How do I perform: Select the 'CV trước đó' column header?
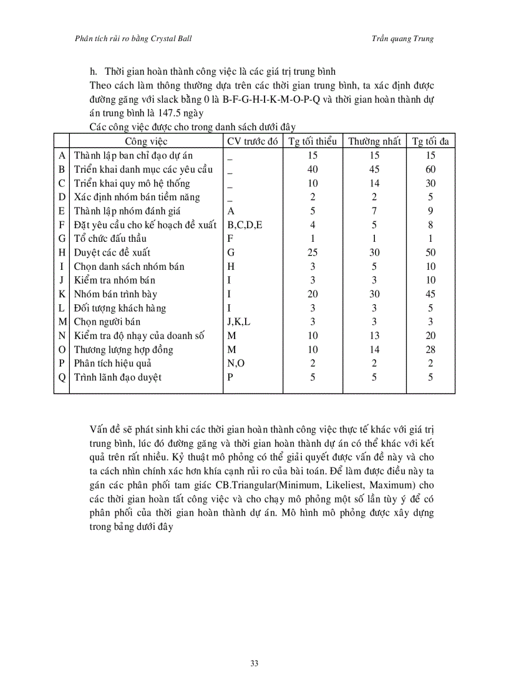(x=252, y=141)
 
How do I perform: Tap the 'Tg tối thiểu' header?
(x=313, y=141)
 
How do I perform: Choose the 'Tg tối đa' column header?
(x=430, y=141)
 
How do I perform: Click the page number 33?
(x=254, y=663)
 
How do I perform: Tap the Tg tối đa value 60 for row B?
(x=430, y=170)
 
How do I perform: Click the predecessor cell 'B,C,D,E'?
(x=245, y=225)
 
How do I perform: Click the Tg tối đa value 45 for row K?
(x=430, y=294)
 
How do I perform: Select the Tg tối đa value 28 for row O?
(x=430, y=350)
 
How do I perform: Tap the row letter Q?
(x=62, y=377)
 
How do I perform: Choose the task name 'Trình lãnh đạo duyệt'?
(x=118, y=377)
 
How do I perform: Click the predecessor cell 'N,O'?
(x=235, y=363)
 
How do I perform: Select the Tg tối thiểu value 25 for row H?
(x=313, y=252)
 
